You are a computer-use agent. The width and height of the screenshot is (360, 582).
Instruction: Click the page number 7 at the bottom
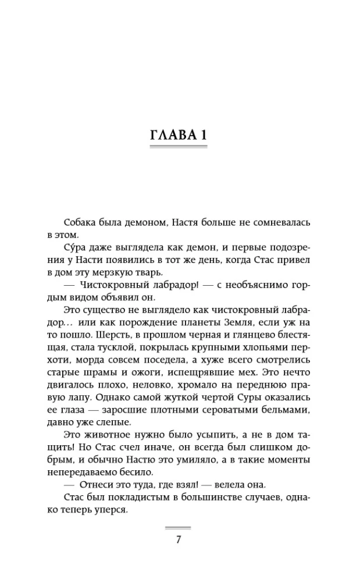point(179,539)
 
